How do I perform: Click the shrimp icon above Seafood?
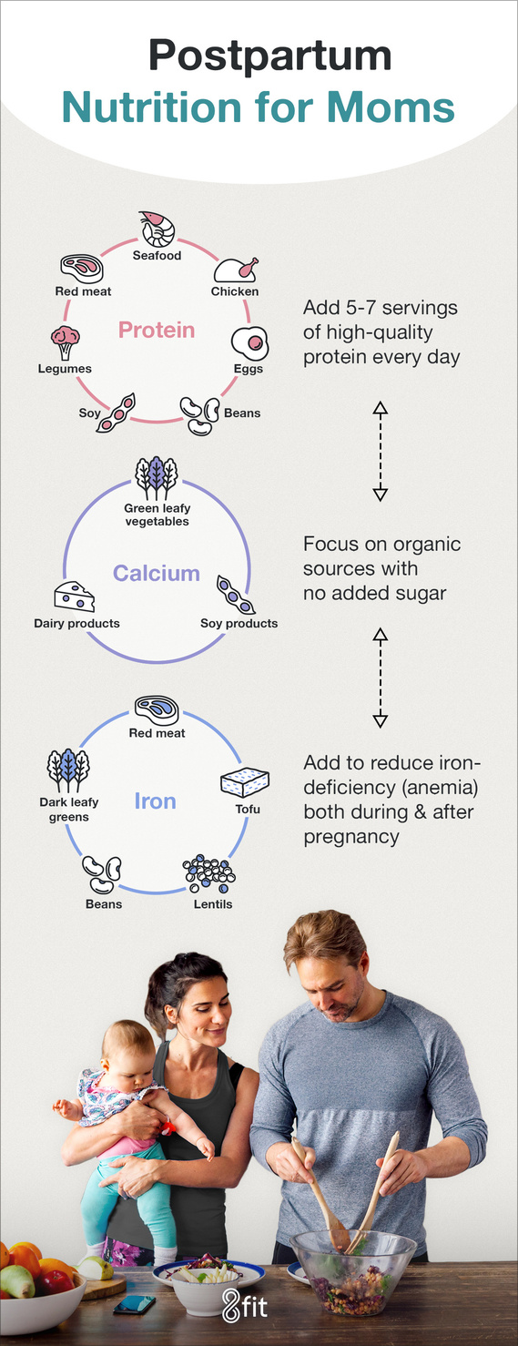[157, 229]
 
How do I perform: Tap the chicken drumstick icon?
[236, 270]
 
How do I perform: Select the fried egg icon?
[250, 343]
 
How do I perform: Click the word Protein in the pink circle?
[157, 330]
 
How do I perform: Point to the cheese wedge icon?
[75, 597]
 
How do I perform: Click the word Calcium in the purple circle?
[157, 573]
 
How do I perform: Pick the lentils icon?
[209, 874]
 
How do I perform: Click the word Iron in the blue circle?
[155, 801]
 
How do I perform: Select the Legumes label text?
[65, 368]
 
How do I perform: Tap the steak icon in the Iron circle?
[157, 710]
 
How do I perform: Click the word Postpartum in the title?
[269, 56]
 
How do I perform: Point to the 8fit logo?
[245, 1304]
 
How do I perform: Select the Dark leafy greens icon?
[68, 770]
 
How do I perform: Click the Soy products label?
[239, 623]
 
